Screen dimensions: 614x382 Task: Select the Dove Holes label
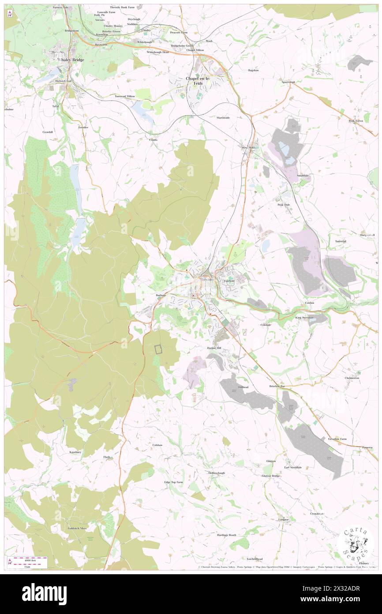(249, 148)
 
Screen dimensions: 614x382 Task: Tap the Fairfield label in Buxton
(229, 280)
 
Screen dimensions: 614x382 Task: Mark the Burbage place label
(161, 295)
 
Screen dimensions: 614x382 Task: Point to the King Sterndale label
(304, 317)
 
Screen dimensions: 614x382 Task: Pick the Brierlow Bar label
(277, 386)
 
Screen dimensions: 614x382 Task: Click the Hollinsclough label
(217, 473)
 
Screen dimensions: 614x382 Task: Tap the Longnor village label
(283, 519)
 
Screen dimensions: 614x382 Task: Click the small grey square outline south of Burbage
(158, 349)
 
